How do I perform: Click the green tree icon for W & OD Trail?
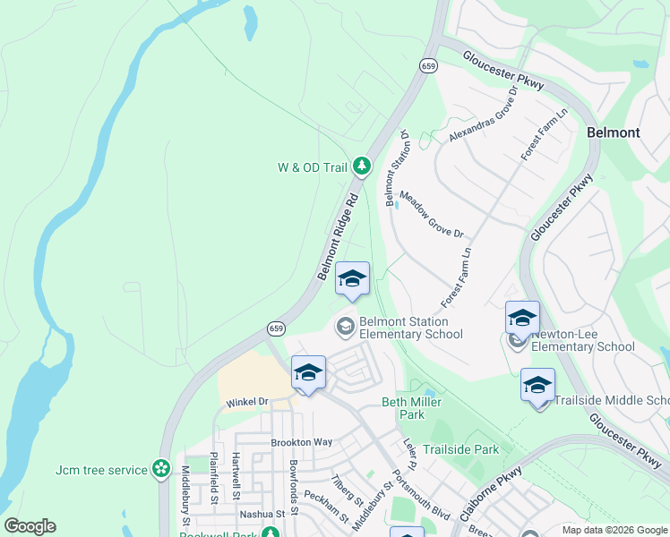point(361,166)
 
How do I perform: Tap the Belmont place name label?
point(613,132)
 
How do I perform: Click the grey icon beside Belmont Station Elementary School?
point(345,327)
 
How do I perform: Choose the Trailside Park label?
point(460,449)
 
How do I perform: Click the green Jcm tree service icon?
point(160,467)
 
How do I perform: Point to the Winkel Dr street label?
point(246,402)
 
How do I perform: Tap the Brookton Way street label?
point(302,442)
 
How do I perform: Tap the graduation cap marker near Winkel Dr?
point(308,374)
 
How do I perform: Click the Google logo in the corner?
point(30,526)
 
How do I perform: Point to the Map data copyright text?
point(615,530)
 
